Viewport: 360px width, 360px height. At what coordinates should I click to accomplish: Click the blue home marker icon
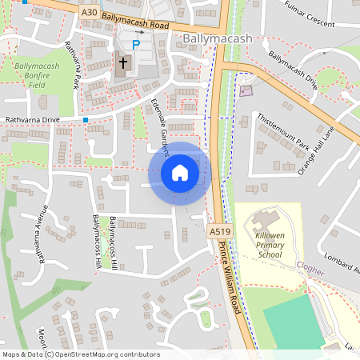pos(180,173)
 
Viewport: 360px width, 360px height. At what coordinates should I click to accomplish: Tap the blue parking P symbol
pos(135,45)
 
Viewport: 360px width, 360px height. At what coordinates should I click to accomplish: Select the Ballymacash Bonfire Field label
pos(38,74)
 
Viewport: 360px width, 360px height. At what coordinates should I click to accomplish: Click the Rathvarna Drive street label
pos(33,120)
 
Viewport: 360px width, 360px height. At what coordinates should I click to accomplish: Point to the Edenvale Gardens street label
pos(160,124)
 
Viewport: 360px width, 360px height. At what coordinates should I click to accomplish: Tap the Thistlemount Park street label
pos(283,131)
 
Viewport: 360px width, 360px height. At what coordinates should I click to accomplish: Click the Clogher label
pos(310,270)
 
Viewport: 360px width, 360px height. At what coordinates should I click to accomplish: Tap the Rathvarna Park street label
pos(73,66)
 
